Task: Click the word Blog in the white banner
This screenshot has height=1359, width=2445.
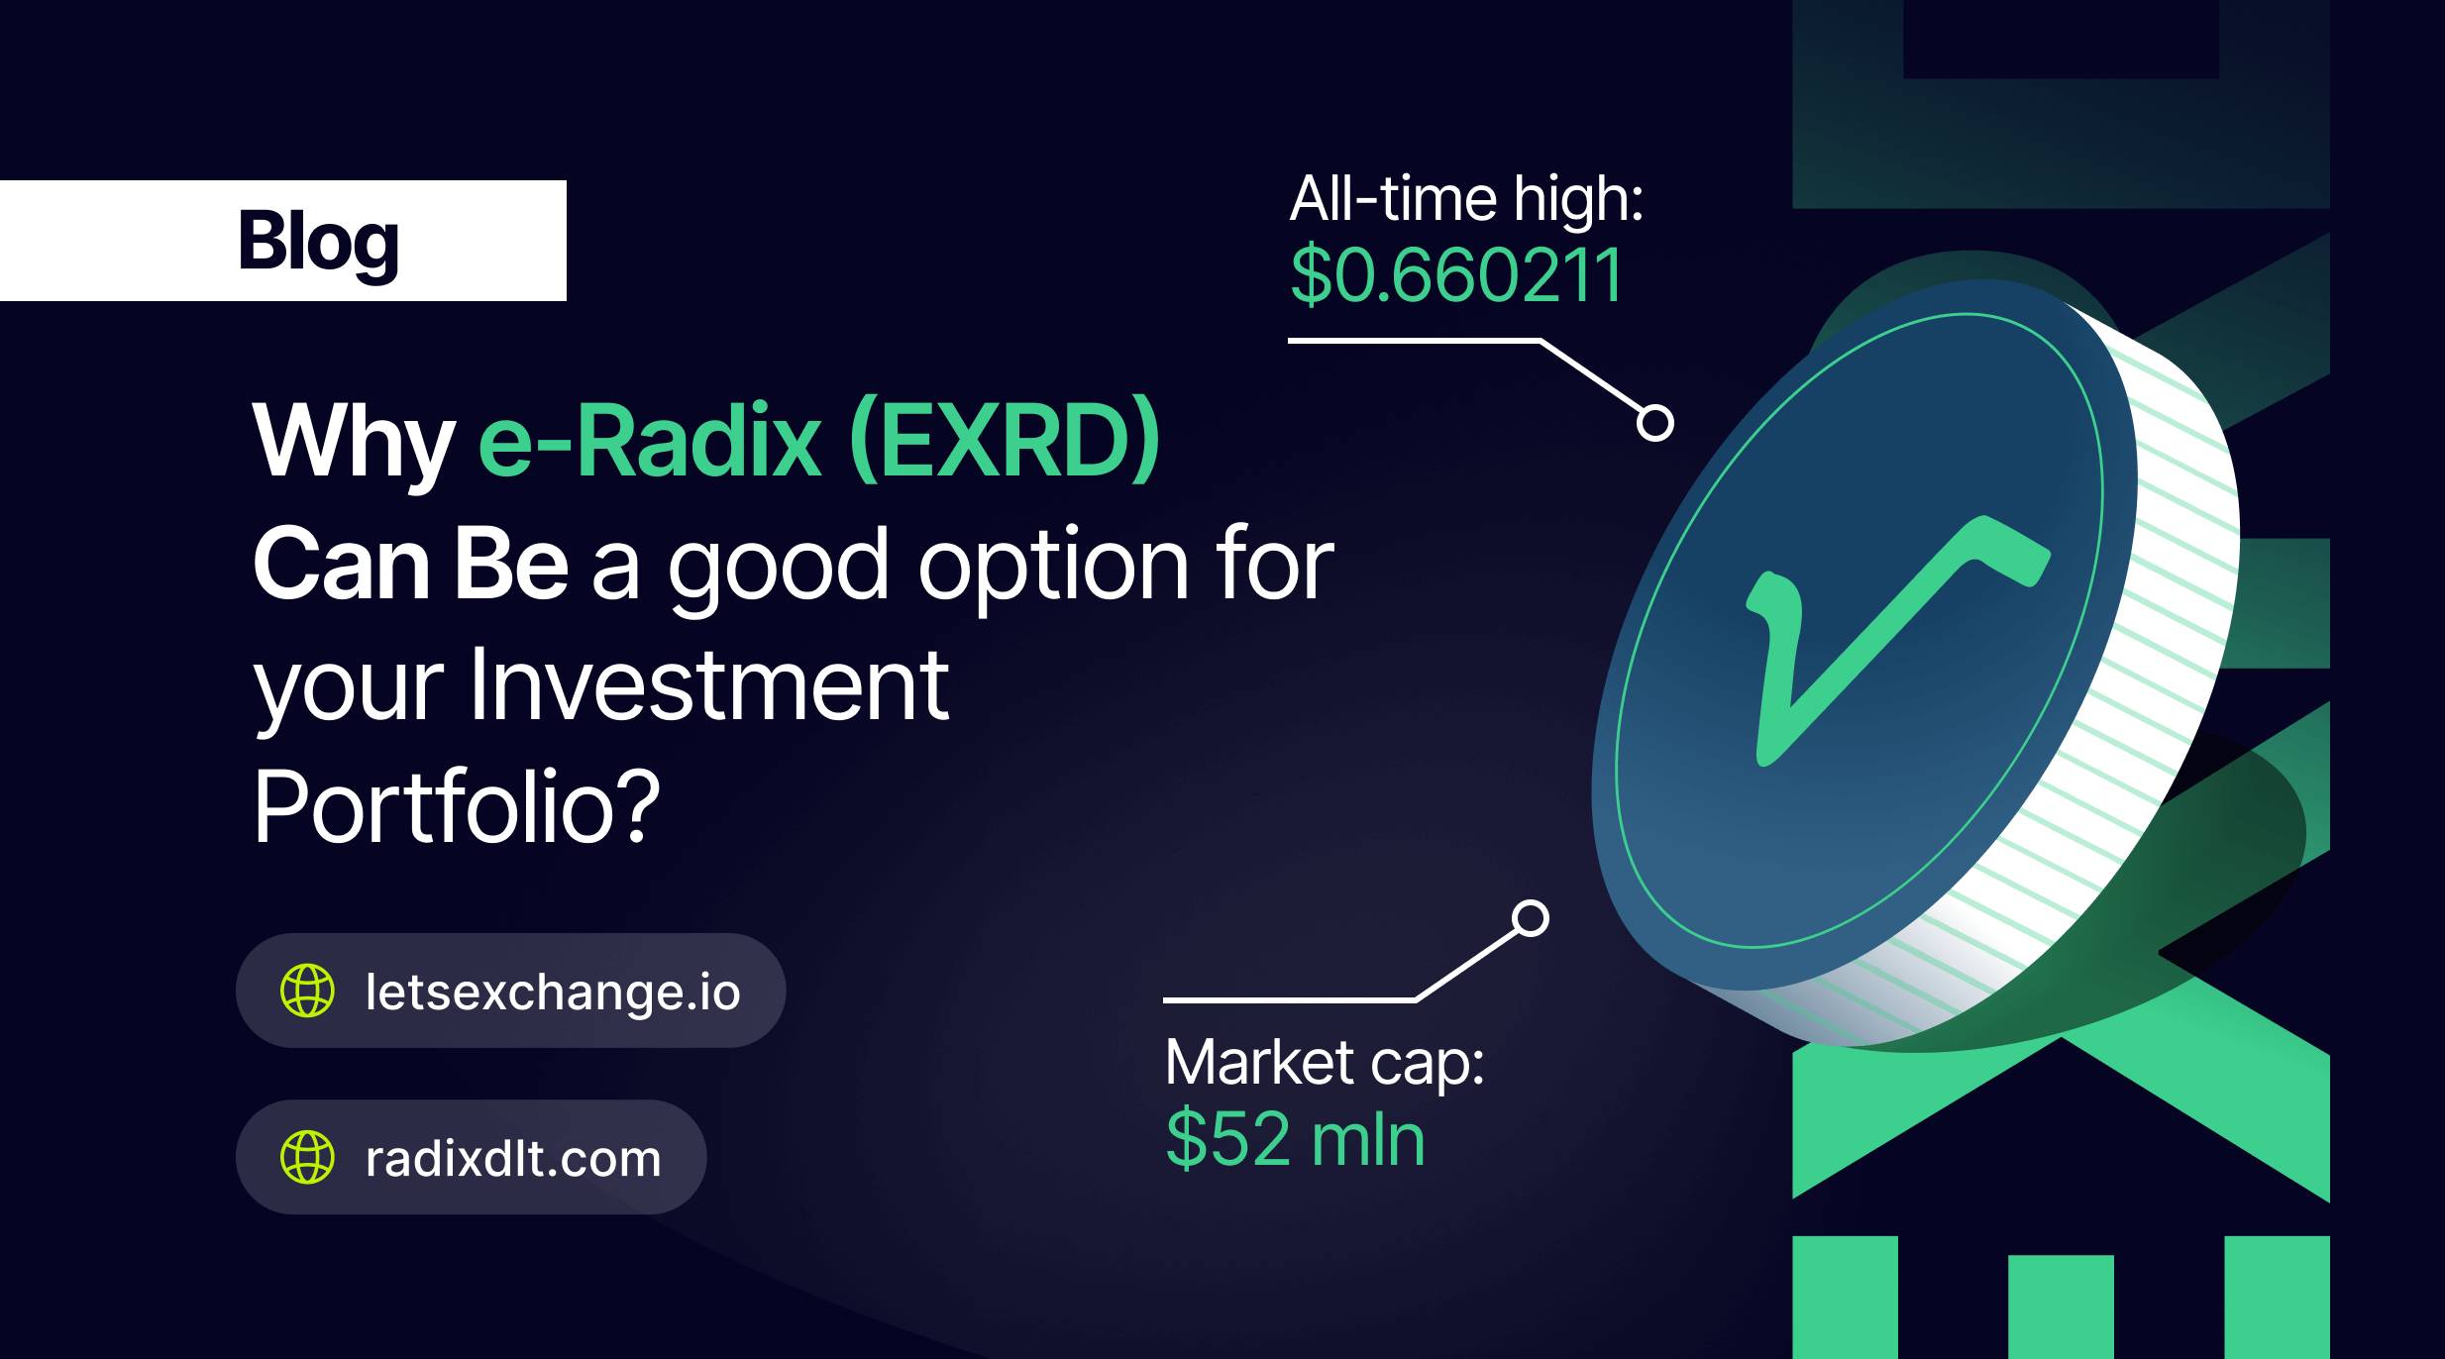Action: pos(318,243)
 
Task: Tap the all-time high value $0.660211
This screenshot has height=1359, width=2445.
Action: pos(1456,274)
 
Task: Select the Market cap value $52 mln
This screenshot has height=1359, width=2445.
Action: pos(1295,1139)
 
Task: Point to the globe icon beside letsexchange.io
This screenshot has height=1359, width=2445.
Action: pos(307,991)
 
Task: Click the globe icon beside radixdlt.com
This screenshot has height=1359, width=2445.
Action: pos(307,1157)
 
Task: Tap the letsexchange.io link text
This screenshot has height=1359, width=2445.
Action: pos(553,992)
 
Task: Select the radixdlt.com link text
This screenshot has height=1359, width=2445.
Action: pos(513,1158)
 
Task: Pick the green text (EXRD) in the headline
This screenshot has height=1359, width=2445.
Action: pos(1005,441)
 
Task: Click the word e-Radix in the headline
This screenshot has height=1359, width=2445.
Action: pos(650,441)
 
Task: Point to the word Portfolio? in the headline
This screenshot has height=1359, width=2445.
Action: pos(457,807)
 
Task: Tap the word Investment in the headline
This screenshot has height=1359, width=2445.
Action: pos(707,684)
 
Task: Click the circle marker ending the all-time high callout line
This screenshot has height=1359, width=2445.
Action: pos(1654,423)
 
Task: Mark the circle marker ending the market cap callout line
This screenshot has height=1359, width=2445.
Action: pos(1531,918)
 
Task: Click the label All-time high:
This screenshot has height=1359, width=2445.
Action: pos(1466,199)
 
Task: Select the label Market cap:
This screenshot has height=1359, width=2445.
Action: pos(1325,1063)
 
